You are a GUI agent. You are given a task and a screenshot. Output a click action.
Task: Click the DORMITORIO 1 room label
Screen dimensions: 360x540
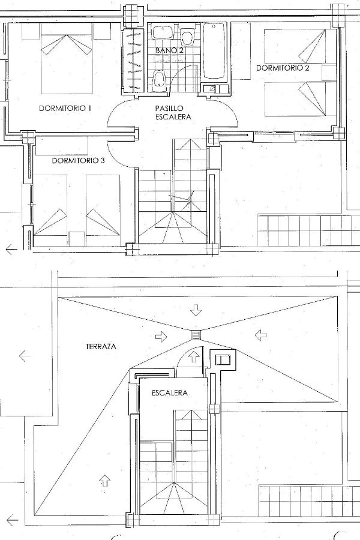click(65, 108)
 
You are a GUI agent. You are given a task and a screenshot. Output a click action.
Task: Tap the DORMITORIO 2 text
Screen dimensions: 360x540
click(283, 68)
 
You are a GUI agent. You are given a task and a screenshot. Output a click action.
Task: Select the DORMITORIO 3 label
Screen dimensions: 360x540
click(79, 160)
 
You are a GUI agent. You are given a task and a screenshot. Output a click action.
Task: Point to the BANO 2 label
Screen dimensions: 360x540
click(169, 50)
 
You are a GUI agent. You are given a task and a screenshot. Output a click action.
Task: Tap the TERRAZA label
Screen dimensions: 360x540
click(101, 347)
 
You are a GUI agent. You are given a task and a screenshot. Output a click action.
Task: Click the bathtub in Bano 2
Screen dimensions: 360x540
click(214, 51)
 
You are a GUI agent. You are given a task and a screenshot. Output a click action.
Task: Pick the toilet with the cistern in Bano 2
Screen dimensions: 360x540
click(187, 37)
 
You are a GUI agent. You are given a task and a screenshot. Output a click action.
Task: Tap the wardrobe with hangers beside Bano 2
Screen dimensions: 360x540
click(134, 60)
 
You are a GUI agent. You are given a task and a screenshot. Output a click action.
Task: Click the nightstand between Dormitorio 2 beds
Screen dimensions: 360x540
click(329, 73)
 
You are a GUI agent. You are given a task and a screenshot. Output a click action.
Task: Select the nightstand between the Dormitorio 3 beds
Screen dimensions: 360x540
click(76, 239)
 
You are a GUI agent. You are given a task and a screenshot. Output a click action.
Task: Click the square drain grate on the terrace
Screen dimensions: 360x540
click(196, 335)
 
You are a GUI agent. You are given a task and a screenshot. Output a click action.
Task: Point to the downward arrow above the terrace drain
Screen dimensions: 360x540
click(196, 310)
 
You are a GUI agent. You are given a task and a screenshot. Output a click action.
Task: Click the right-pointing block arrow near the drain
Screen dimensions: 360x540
click(161, 337)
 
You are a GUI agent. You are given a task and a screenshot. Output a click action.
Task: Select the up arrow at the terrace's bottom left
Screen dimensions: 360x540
click(104, 480)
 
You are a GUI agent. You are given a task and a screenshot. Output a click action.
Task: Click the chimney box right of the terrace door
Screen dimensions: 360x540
click(223, 360)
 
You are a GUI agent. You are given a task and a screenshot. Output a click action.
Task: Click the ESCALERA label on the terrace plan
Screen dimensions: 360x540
click(170, 392)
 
